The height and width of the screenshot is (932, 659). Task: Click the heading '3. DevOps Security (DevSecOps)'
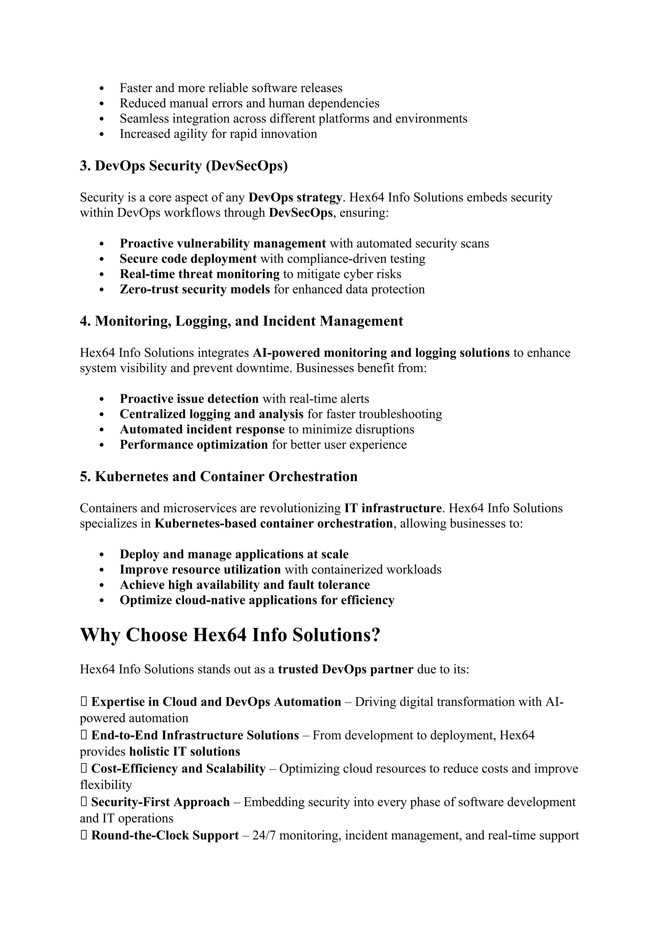click(x=183, y=166)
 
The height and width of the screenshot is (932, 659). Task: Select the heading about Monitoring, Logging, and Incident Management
click(x=241, y=321)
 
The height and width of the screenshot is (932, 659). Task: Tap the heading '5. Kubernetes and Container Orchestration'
click(x=219, y=477)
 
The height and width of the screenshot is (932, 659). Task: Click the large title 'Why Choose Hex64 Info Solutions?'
click(x=230, y=635)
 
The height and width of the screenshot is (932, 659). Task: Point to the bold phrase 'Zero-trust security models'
click(x=195, y=289)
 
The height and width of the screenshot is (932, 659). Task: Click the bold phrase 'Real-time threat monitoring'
click(x=200, y=274)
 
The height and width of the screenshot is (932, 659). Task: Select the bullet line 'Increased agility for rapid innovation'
click(x=218, y=134)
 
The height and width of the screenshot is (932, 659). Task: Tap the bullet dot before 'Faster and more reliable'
click(x=102, y=88)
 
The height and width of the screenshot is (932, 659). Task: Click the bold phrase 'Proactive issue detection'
click(x=189, y=399)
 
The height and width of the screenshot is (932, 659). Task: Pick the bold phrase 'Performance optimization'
click(x=194, y=444)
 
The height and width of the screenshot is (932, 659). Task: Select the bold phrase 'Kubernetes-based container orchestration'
click(x=274, y=524)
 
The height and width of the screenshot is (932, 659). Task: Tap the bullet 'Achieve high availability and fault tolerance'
click(x=245, y=585)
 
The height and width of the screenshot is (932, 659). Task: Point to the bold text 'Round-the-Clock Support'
click(x=165, y=835)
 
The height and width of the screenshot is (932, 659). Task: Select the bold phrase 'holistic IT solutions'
click(x=185, y=751)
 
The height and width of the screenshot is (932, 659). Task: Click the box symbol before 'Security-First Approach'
click(x=83, y=802)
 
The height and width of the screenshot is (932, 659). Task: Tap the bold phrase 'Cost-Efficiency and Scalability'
click(x=178, y=769)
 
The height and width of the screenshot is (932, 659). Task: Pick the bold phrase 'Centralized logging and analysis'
click(x=211, y=414)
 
